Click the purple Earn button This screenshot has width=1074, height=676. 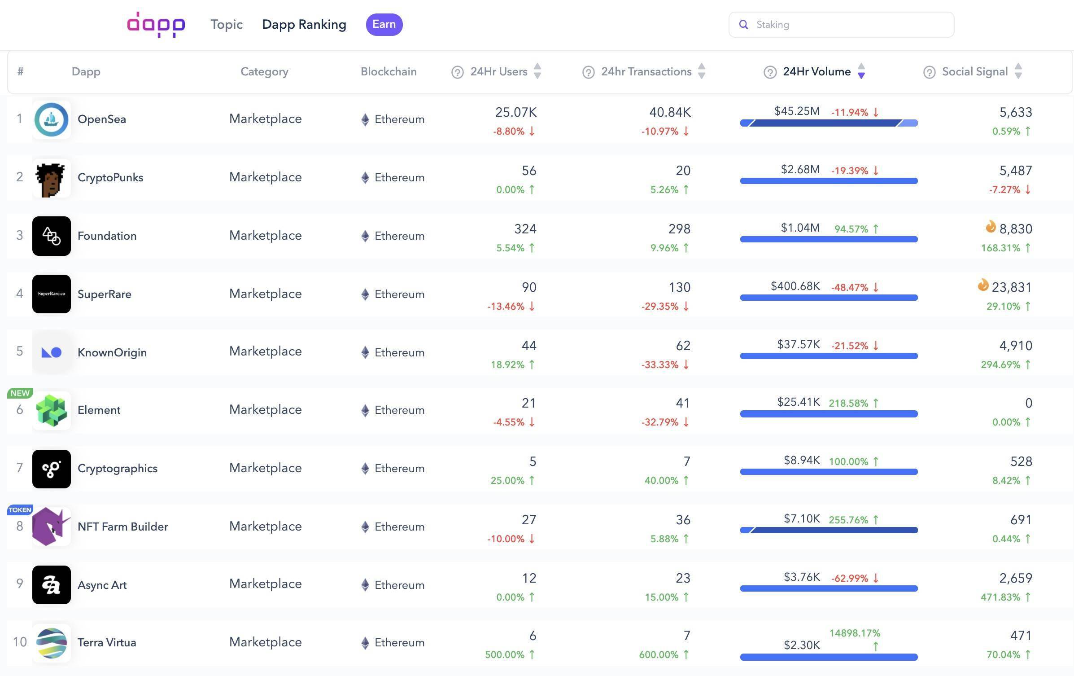(384, 24)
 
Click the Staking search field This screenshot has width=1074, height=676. (841, 25)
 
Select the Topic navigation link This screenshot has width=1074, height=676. (227, 24)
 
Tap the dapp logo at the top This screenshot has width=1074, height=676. (156, 24)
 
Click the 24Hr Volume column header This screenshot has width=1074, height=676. (816, 72)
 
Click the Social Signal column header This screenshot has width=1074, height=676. (974, 72)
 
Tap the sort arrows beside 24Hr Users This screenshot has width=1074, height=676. (537, 71)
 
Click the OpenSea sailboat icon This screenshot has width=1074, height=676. (51, 119)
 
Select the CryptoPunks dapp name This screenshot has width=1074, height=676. (110, 177)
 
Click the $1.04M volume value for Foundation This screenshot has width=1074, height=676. (800, 228)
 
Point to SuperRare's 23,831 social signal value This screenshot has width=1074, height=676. (1012, 287)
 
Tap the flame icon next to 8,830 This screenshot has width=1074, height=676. (991, 227)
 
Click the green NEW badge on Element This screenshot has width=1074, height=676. (20, 393)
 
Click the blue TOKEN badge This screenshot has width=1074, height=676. (20, 510)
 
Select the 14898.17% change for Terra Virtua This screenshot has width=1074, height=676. (855, 633)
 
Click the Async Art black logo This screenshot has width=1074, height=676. (51, 585)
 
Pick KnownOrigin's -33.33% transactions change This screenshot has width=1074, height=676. (660, 364)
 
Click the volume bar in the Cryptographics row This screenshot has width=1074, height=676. (829, 472)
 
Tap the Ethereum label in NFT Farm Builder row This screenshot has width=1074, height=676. (399, 527)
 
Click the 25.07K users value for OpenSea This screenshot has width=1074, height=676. (515, 112)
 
